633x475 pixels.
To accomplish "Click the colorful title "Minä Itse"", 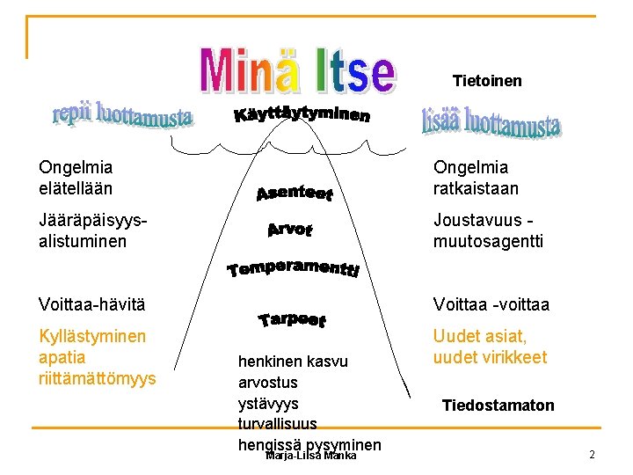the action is click(x=296, y=71).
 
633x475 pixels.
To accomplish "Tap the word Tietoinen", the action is click(x=487, y=81).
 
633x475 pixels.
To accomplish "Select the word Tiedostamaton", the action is click(x=498, y=406).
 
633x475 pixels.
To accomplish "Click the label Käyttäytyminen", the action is click(x=302, y=116).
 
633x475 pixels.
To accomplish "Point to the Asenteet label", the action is click(x=293, y=191).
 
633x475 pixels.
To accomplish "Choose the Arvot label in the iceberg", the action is click(x=289, y=230).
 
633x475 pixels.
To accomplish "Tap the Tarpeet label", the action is click(x=293, y=320).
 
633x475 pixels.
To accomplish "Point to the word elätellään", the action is click(x=76, y=187).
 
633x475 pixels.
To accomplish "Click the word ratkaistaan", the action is click(x=476, y=188).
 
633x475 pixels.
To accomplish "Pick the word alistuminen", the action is click(x=83, y=241).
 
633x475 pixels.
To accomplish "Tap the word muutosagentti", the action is click(x=488, y=241).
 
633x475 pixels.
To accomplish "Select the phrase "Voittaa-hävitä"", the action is click(x=91, y=304).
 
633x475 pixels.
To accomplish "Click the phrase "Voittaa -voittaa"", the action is click(x=491, y=304).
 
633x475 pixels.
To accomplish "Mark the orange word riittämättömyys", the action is click(x=98, y=378).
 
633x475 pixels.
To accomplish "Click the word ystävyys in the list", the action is click(x=268, y=403).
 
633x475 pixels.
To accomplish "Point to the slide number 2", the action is click(x=592, y=455).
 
